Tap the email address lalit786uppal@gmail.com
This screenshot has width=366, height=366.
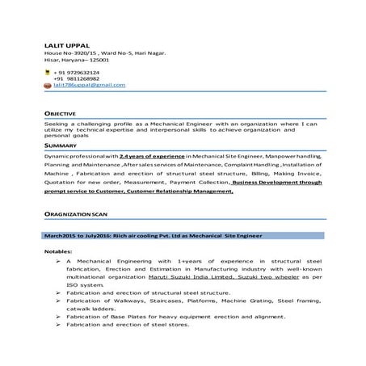coord(90,85)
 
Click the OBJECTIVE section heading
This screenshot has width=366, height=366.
coord(61,115)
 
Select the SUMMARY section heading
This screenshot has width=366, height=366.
coord(61,145)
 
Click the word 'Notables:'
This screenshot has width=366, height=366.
coord(58,252)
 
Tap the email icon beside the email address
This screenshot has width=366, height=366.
coord(48,85)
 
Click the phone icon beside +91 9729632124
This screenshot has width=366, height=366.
coord(48,72)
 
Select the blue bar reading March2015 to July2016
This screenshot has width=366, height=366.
coord(183,235)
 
